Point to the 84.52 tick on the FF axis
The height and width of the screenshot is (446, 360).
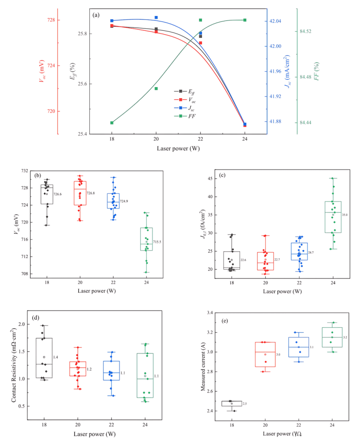tap(306, 32)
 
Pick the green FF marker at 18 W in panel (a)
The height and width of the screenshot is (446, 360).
tap(112, 123)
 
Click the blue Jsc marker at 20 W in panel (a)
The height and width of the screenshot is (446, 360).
tap(156, 17)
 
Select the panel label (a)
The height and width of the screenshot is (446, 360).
tap(96, 15)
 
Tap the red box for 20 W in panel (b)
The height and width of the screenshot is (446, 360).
tap(80, 193)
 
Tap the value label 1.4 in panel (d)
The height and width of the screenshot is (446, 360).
tap(56, 357)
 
